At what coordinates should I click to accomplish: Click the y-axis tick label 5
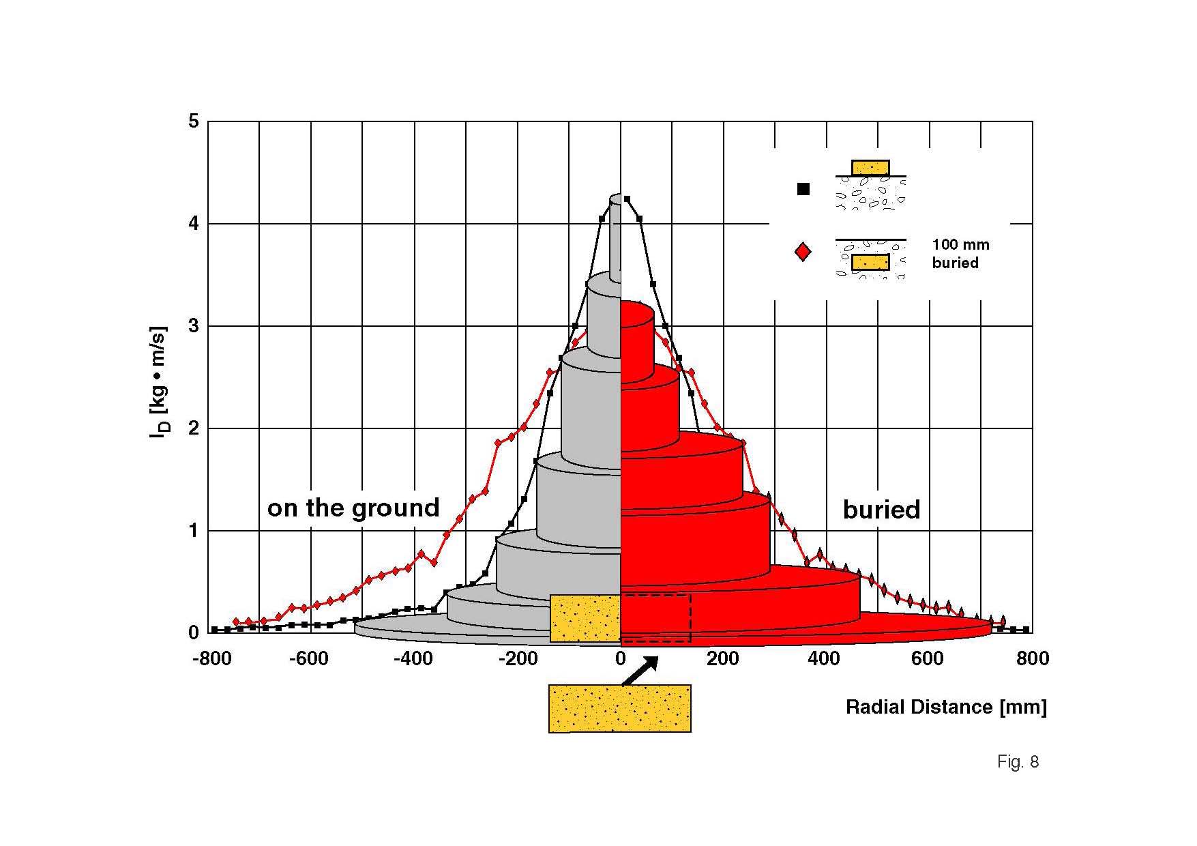tap(194, 121)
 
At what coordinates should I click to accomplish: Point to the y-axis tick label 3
tap(194, 326)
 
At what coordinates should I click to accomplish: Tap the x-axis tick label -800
tap(212, 658)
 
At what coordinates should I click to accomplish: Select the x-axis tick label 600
tap(928, 658)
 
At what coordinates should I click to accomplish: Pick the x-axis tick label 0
tap(620, 658)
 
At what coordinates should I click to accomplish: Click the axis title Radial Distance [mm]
tap(946, 707)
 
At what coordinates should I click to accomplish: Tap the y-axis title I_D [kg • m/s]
tap(158, 381)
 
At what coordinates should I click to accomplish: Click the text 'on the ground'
tap(353, 508)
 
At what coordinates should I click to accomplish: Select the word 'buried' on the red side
tap(881, 510)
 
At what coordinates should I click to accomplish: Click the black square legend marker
tap(803, 189)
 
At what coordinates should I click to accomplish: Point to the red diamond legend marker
tap(803, 252)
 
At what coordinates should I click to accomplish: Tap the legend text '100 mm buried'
tap(960, 254)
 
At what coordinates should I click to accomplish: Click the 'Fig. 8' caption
tap(1018, 761)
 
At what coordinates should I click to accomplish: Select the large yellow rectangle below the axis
tap(620, 708)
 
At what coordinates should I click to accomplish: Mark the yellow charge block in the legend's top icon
tap(870, 168)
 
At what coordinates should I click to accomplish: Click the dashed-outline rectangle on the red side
tap(655, 618)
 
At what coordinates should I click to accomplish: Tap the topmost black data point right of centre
tap(627, 199)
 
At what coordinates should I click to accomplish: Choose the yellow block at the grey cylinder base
tap(585, 618)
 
